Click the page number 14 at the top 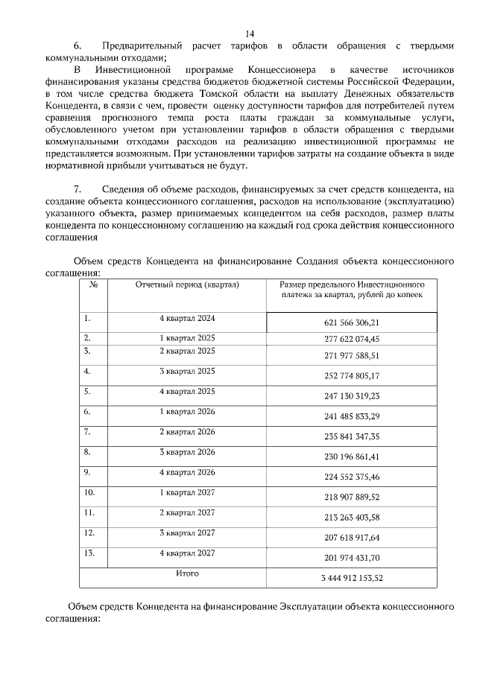click(x=249, y=34)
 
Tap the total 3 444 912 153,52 click(x=352, y=577)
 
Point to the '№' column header click(x=94, y=285)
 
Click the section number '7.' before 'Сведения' click(x=77, y=190)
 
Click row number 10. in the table click(x=89, y=492)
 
